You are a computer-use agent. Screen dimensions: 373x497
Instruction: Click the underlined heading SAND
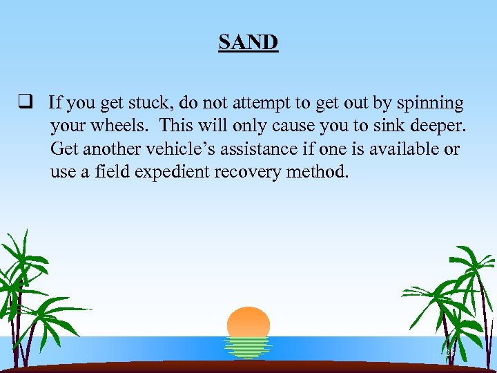(x=248, y=43)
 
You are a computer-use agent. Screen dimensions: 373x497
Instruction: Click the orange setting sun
(x=248, y=322)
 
